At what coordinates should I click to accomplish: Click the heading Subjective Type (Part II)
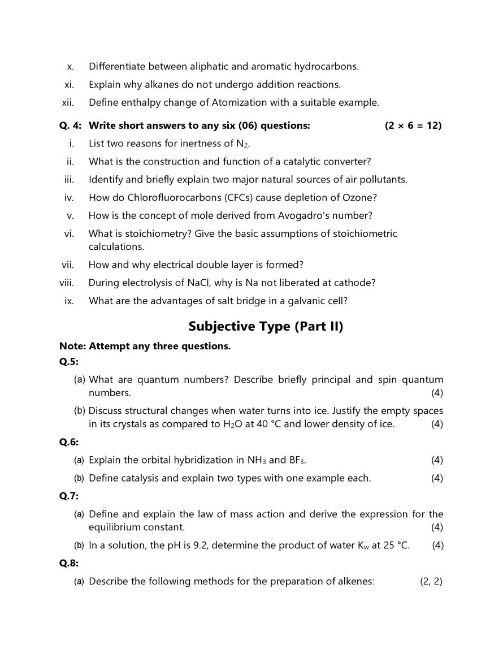click(x=266, y=326)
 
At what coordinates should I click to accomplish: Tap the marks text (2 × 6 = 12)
click(x=413, y=125)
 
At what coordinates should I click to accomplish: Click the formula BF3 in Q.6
click(x=297, y=460)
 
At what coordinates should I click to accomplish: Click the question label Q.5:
click(x=69, y=362)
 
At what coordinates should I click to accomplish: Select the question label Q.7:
click(x=69, y=496)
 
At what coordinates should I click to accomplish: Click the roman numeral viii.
click(x=67, y=283)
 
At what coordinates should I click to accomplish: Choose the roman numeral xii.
click(x=68, y=102)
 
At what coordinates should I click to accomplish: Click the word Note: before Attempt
click(x=72, y=346)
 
